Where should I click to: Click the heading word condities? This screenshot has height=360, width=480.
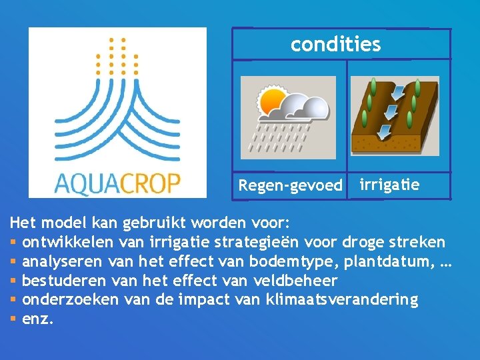(335, 45)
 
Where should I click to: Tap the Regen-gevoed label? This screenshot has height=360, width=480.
(290, 185)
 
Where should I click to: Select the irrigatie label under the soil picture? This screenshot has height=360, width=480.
(389, 185)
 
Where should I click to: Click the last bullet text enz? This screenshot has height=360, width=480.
(37, 319)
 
